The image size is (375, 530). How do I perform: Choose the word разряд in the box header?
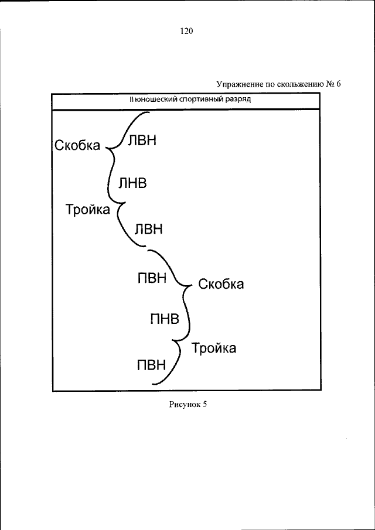(x=236, y=100)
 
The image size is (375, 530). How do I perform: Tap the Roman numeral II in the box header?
(x=132, y=100)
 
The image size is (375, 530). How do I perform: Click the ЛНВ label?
(x=132, y=183)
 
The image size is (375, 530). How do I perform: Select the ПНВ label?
(x=165, y=319)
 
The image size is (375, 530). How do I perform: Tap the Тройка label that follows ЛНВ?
(x=88, y=209)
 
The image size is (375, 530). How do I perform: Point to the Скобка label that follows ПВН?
(x=221, y=285)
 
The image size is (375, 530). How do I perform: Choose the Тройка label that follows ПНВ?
(x=214, y=348)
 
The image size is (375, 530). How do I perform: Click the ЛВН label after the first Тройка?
(x=148, y=228)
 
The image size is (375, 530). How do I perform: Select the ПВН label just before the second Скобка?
(x=152, y=278)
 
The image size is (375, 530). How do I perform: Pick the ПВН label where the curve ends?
(x=152, y=366)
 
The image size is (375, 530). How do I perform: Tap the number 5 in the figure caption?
(x=205, y=404)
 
